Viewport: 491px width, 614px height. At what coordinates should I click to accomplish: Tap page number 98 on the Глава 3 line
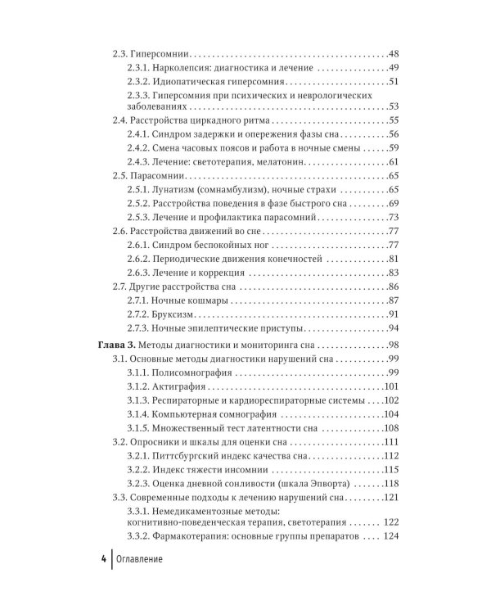394,345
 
